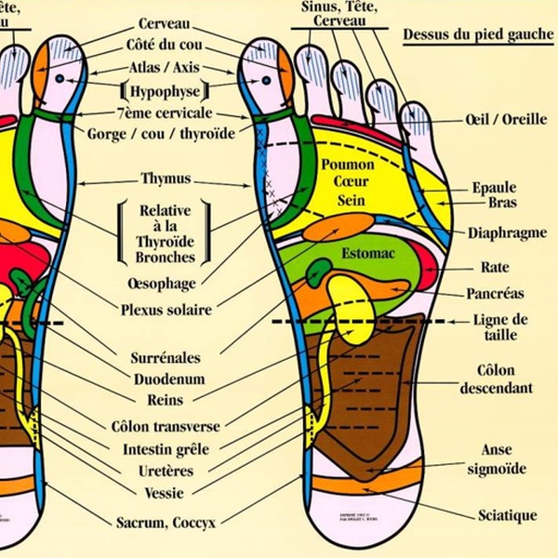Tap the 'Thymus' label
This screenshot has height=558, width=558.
[166, 178]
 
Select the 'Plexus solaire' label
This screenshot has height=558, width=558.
[166, 310]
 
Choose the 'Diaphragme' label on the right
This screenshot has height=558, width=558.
[507, 233]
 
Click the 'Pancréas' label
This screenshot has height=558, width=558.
[495, 293]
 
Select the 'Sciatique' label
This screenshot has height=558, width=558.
[507, 515]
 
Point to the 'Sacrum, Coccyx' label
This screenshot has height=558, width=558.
[166, 523]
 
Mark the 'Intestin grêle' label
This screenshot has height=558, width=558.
[166, 448]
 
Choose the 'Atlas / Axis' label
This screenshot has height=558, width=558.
[166, 68]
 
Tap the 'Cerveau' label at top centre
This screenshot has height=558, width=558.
[166, 21]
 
